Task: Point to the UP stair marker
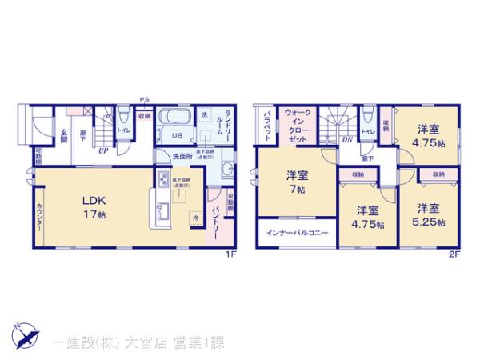103,149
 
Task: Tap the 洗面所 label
185,156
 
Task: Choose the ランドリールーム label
227,126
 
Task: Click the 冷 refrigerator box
196,216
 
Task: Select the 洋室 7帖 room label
296,182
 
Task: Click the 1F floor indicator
228,254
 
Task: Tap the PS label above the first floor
145,98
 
